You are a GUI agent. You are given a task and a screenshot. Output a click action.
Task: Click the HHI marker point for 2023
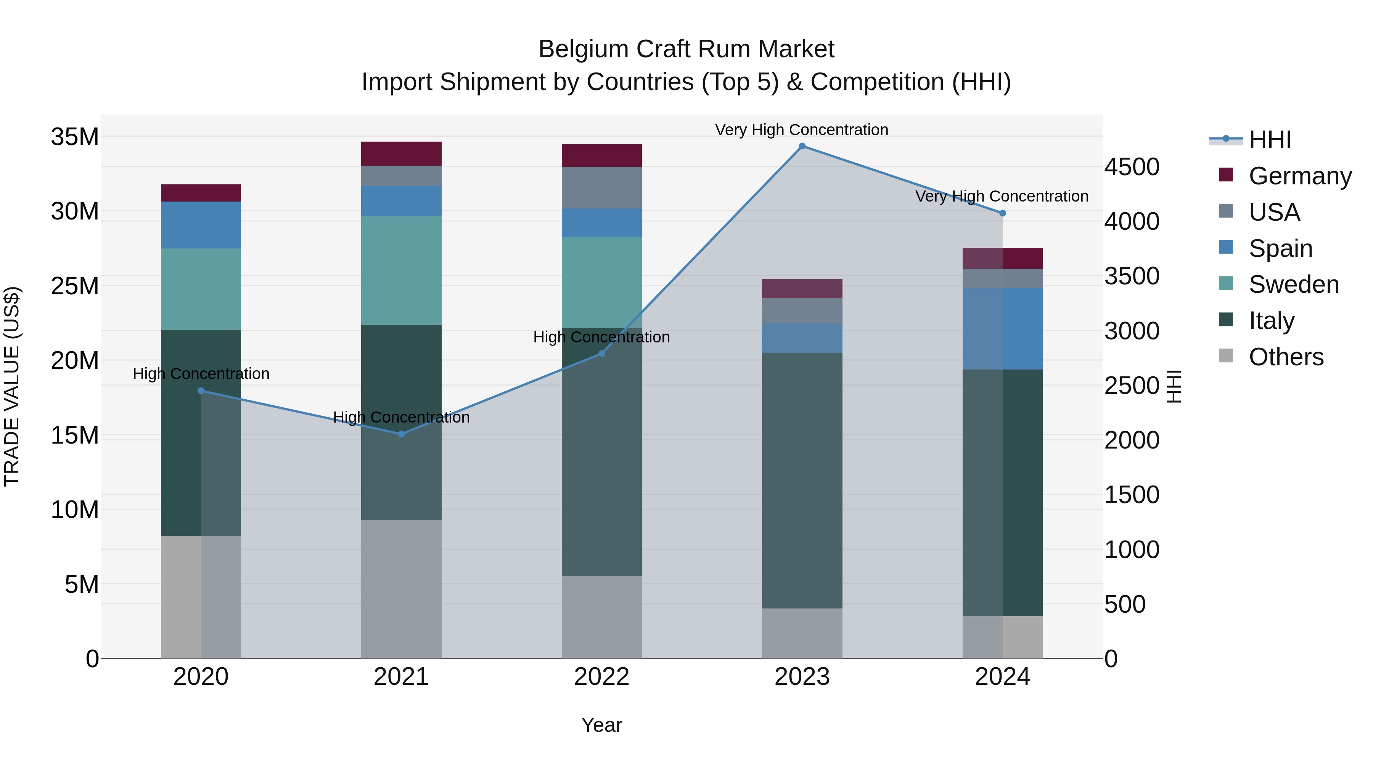click(x=802, y=146)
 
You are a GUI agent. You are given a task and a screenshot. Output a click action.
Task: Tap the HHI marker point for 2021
click(x=401, y=434)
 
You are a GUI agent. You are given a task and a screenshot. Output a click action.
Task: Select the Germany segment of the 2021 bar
click(x=401, y=153)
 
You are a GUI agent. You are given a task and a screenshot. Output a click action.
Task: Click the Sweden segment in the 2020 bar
click(x=201, y=289)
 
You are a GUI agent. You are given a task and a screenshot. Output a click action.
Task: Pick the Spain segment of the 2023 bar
click(x=802, y=338)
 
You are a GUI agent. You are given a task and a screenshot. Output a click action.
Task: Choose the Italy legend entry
click(x=1271, y=321)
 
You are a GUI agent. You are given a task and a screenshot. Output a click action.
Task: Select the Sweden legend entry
click(x=1293, y=284)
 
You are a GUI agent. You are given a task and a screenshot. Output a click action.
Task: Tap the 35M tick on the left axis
click(x=75, y=137)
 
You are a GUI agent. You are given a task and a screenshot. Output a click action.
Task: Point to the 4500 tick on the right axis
click(x=1132, y=167)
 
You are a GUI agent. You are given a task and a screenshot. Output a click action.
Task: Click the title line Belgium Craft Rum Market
click(x=686, y=49)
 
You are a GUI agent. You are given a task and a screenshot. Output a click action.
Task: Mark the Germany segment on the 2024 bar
click(x=1002, y=258)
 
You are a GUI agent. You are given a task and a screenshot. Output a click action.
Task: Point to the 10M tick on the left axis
click(x=75, y=510)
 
